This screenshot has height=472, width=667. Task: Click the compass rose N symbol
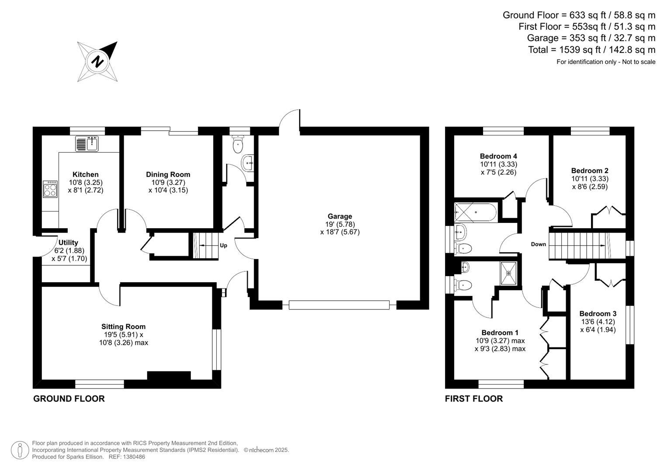coord(97,62)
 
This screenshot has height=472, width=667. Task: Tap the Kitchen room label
coord(85,174)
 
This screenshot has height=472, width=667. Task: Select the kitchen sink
coord(87,143)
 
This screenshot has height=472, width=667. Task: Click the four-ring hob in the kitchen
coord(50,189)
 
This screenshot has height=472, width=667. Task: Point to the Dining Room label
coord(168,174)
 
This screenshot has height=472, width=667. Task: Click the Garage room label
coord(339,216)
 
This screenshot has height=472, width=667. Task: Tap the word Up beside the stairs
coord(223,246)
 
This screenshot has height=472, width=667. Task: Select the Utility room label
coord(68,243)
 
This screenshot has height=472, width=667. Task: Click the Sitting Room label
coord(123,326)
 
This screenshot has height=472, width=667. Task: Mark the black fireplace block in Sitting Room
coord(169,375)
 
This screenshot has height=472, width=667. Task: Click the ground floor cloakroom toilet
coord(238,145)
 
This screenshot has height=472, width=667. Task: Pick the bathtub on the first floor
coord(475,212)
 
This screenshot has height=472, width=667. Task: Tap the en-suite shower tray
coord(508,273)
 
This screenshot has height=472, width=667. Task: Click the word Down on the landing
coord(538,244)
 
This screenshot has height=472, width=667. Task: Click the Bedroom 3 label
coord(598,313)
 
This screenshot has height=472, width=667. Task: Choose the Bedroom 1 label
coord(500,333)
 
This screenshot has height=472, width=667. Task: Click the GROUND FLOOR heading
coord(69,399)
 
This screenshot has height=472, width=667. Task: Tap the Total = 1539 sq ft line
coord(591,50)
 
